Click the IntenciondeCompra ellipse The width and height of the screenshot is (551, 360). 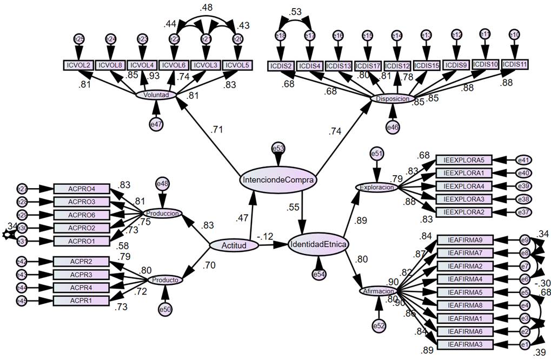pos(278,179)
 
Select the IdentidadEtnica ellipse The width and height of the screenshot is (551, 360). pos(318,245)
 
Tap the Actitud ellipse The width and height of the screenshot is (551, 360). pos(234,245)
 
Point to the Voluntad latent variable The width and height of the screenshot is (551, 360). pos(156,95)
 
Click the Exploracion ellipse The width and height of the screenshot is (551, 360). pos(377,187)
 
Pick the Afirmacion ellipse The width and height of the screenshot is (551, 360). pos(379,291)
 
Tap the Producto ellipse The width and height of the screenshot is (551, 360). pos(165,280)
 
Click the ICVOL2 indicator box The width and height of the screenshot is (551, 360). pos(78,65)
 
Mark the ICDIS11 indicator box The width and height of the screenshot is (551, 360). pos(515,64)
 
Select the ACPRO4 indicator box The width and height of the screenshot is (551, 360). pos(82,189)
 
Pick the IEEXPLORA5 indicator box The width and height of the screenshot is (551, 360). pos(464,159)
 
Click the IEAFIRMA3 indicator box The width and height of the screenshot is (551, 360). pos(464,344)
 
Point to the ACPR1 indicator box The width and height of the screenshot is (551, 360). pos(82,300)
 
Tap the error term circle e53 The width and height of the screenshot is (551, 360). pos(278,148)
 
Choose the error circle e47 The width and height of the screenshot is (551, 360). pos(156,124)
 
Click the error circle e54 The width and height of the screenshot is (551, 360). pos(319,275)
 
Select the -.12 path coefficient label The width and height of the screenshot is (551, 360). pos(264,236)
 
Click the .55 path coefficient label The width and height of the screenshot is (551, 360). pos(294,206)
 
